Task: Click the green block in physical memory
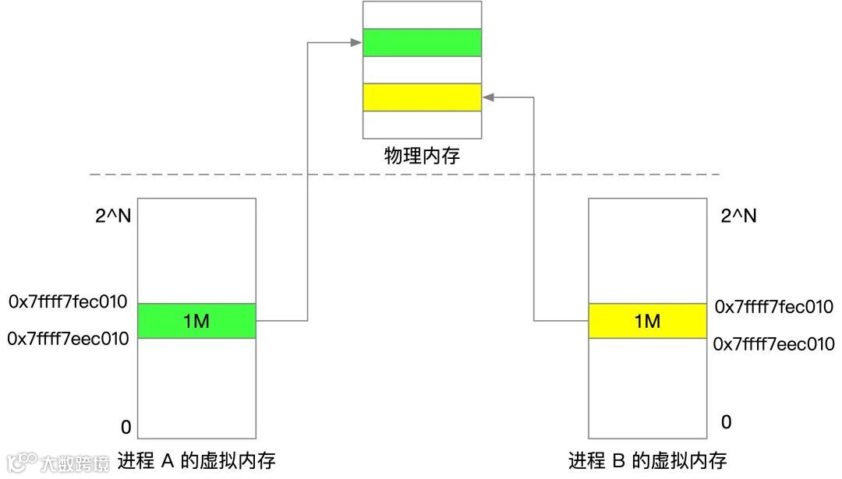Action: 423,42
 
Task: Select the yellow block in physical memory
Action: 423,97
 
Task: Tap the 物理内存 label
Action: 423,156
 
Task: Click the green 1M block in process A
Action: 196,321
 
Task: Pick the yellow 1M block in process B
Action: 647,321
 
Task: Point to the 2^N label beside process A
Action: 113,216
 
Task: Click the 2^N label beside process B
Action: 738,216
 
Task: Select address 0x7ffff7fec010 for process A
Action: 68,301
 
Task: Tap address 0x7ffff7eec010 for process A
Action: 68,339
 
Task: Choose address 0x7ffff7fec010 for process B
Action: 774,306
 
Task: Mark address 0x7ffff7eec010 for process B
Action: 774,343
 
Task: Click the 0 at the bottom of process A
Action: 126,427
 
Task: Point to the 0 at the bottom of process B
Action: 726,422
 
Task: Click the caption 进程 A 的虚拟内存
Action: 196,460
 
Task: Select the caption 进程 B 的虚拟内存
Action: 647,460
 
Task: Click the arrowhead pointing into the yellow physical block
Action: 487,97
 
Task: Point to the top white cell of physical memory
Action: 423,15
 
